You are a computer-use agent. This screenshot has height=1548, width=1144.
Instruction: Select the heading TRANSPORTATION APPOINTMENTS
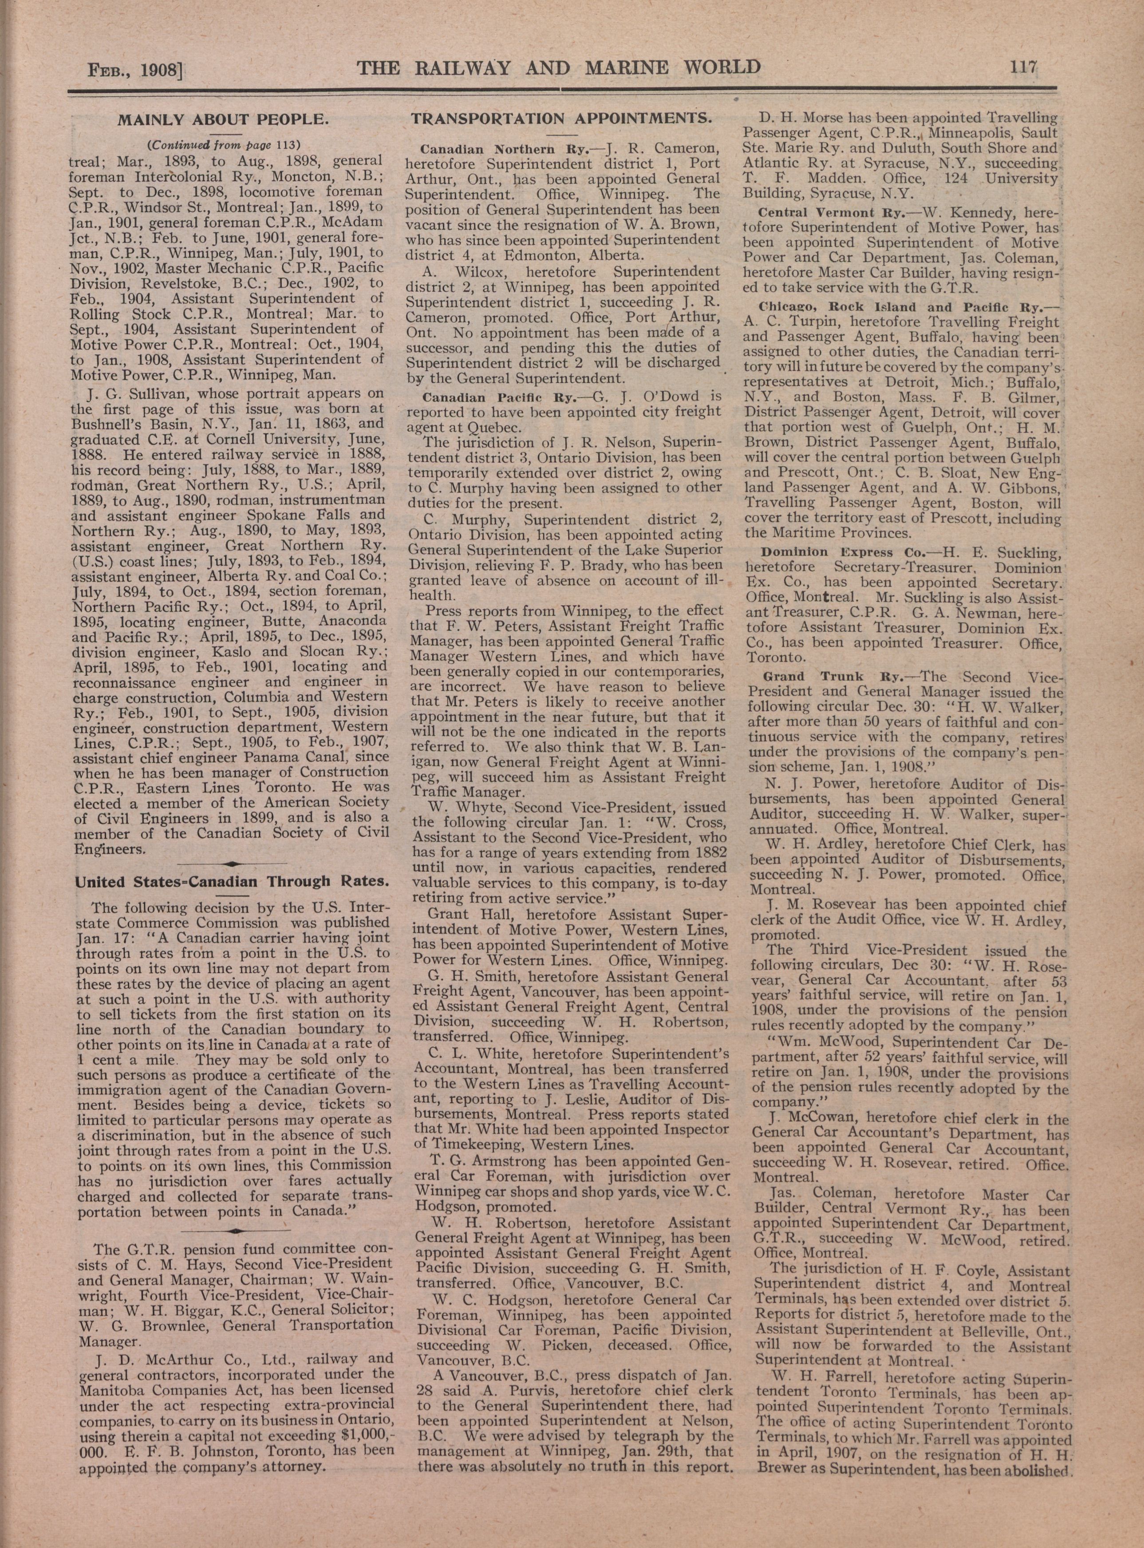click(562, 118)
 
